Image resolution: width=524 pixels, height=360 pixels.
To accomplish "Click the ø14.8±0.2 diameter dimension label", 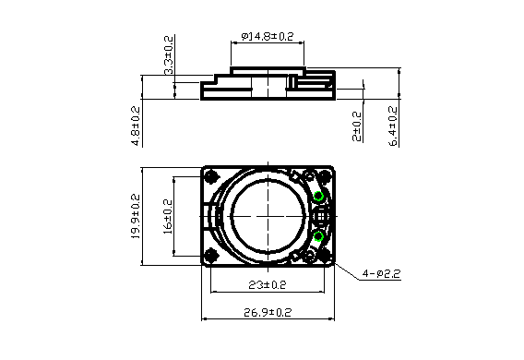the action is (x=268, y=36).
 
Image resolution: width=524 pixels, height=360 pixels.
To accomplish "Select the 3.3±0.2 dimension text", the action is (x=169, y=54).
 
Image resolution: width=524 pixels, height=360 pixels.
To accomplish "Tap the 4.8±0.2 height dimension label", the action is (x=136, y=126).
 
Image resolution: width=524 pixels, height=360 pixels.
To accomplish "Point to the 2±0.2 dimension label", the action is (x=357, y=126).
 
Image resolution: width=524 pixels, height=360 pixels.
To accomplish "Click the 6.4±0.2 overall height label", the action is (x=393, y=126).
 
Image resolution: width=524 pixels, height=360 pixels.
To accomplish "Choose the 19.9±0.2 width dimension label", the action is (x=136, y=216).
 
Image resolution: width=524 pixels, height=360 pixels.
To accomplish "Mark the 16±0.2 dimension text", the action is (x=168, y=217).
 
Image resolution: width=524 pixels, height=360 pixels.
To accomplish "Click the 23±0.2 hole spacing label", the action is (x=268, y=285).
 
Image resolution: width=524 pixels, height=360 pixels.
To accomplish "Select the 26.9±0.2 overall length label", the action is (x=268, y=313).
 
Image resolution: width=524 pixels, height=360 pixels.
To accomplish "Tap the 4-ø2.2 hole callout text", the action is (x=381, y=274).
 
